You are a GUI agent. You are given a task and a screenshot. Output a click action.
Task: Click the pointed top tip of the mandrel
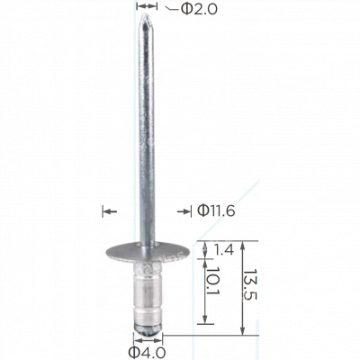[x=143, y=16]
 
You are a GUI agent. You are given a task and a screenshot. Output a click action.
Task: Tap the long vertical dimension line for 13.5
[x=243, y=288]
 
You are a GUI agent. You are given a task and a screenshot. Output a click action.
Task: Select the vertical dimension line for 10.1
[x=208, y=292]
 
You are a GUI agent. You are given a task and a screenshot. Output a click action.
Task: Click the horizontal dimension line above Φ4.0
[x=145, y=339]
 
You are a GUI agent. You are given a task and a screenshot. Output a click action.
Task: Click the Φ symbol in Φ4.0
[x=135, y=351]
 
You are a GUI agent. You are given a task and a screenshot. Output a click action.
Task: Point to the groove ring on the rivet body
[x=145, y=307]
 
